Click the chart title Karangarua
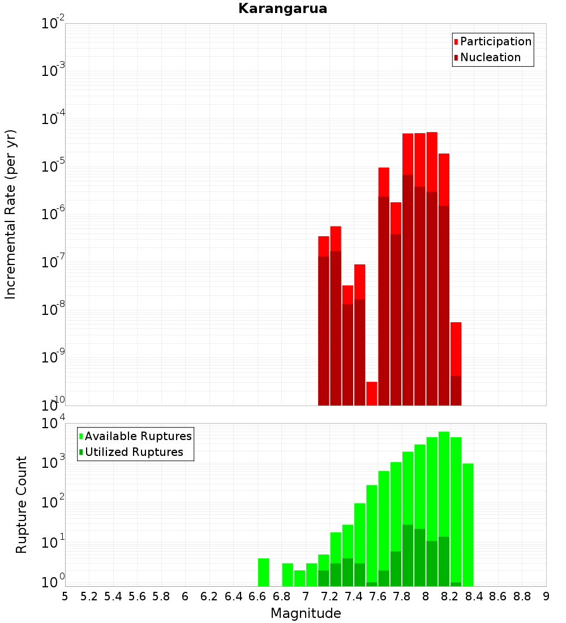[282, 8]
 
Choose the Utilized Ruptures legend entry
[133, 452]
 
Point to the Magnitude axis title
[306, 613]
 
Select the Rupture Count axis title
[22, 505]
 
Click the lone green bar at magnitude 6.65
[263, 572]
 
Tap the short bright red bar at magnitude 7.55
[372, 394]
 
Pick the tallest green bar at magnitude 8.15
[444, 481]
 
